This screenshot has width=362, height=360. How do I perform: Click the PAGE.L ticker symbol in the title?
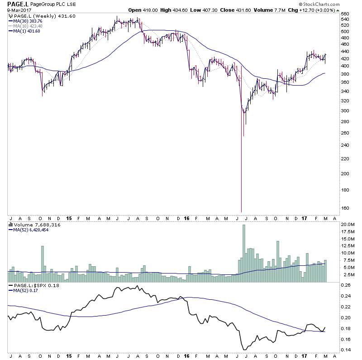16,5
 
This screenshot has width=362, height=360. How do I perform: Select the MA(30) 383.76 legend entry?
28,20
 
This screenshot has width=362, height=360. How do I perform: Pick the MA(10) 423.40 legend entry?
28,26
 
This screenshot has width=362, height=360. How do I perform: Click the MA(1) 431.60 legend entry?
27,31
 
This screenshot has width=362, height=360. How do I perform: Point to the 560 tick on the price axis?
345,14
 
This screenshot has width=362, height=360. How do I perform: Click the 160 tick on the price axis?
345,208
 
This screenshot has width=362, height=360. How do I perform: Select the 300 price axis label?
345,111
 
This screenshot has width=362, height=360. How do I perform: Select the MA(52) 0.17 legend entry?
26,291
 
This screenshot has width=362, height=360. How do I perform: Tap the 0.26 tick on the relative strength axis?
346,285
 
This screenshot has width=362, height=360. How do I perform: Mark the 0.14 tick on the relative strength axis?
346,350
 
